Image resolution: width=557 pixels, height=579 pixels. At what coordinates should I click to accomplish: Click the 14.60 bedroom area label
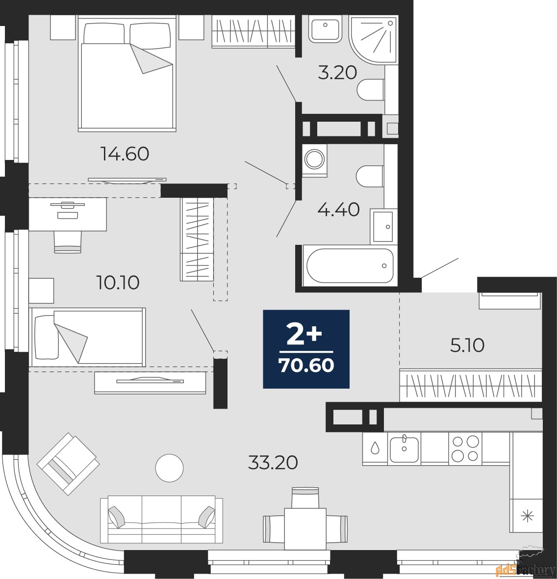pyautogui.click(x=125, y=154)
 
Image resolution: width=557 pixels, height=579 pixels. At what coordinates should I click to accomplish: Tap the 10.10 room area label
pyautogui.click(x=118, y=283)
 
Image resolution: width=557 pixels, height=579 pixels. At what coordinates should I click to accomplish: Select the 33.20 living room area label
pyautogui.click(x=273, y=462)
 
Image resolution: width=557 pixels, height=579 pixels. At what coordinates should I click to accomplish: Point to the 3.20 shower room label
pyautogui.click(x=337, y=73)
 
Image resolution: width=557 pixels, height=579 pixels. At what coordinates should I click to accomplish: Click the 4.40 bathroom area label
pyautogui.click(x=339, y=210)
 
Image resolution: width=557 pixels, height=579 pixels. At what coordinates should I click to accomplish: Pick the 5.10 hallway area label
pyautogui.click(x=467, y=345)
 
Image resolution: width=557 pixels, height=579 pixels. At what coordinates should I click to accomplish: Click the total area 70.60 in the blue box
pyautogui.click(x=306, y=365)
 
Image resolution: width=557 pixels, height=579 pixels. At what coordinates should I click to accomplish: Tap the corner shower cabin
pyautogui.click(x=373, y=40)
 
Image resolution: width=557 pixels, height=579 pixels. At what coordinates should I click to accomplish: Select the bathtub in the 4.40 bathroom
pyautogui.click(x=349, y=265)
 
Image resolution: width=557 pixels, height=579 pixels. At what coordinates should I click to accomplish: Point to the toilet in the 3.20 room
pyautogui.click(x=371, y=89)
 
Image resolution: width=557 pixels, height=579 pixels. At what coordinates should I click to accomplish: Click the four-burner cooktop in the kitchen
pyautogui.click(x=465, y=448)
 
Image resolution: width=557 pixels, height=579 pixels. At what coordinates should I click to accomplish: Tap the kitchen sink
pyautogui.click(x=404, y=448)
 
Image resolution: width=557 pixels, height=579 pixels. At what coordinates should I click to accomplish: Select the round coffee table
pyautogui.click(x=169, y=468)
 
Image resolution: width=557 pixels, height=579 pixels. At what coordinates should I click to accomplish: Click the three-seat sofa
pyautogui.click(x=162, y=519)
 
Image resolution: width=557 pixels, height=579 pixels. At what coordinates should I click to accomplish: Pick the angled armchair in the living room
pyautogui.click(x=68, y=463)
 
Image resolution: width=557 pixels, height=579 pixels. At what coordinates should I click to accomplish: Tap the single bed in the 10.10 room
pyautogui.click(x=87, y=337)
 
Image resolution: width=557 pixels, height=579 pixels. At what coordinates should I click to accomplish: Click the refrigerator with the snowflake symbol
pyautogui.click(x=527, y=515)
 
